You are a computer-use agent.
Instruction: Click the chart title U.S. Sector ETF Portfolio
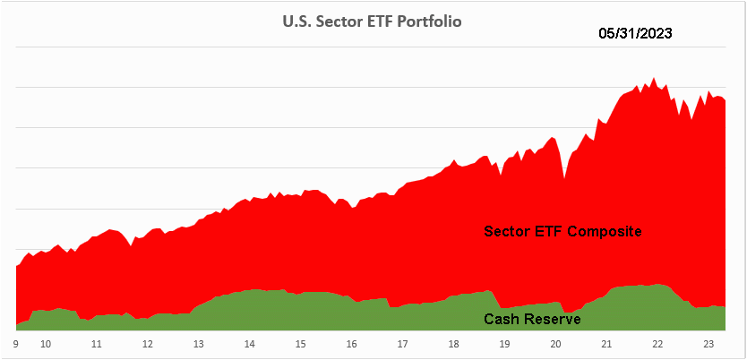point(372,20)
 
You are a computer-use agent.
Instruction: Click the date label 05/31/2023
point(635,35)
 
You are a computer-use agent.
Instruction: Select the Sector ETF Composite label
point(562,231)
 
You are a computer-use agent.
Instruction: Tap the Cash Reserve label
point(532,319)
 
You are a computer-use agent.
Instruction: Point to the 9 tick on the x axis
point(16,343)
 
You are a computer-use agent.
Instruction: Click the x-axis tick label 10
point(45,343)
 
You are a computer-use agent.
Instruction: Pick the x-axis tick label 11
point(96,343)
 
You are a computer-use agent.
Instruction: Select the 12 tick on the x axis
point(147,343)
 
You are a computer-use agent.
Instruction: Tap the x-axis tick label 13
point(198,343)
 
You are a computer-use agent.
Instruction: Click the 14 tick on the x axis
point(249,343)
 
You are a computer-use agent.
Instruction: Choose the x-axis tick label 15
point(300,343)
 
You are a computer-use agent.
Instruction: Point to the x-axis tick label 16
point(351,343)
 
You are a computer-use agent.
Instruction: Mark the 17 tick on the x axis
point(402,343)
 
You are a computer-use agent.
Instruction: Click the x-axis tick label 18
point(453,343)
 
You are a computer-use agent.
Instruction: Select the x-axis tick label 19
point(504,343)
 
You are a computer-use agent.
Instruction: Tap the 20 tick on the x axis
point(555,343)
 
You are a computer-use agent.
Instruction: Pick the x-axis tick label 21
point(606,343)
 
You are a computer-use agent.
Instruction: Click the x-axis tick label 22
point(657,343)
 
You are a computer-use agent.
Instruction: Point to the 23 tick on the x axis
point(708,343)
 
